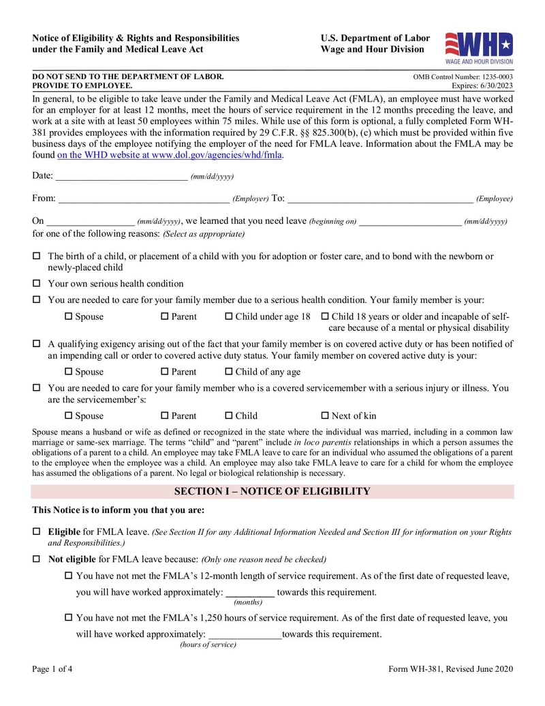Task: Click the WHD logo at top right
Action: click(x=478, y=47)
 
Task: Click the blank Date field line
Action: click(x=121, y=176)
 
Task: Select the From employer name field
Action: click(x=144, y=198)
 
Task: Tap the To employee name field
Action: click(x=379, y=198)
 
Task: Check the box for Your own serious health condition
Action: click(x=37, y=284)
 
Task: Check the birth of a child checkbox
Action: click(x=37, y=256)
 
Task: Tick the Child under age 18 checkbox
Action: click(x=229, y=317)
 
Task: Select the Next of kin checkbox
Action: click(x=325, y=415)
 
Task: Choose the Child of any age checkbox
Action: click(x=229, y=372)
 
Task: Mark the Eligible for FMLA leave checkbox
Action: click(x=37, y=531)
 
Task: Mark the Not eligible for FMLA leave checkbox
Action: click(x=37, y=559)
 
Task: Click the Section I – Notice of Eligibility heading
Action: click(x=272, y=491)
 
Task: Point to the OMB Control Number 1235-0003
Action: click(x=463, y=78)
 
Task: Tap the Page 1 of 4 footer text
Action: click(x=52, y=668)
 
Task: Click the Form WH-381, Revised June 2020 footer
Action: click(x=450, y=668)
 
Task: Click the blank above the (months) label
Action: click(x=249, y=592)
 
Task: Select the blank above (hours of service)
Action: click(x=244, y=634)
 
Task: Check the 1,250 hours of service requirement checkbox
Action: click(x=68, y=618)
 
